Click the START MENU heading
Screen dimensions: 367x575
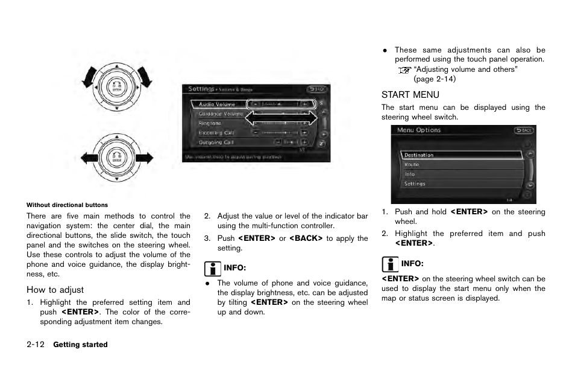tap(410, 95)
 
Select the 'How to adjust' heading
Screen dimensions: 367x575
tap(55, 290)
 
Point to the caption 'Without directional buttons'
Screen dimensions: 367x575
tap(67, 205)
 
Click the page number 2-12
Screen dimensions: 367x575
tap(36, 345)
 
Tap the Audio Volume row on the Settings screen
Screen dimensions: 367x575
tap(218, 104)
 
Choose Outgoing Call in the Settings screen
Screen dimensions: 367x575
tap(216, 142)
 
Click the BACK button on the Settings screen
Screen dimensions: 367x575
tap(319, 89)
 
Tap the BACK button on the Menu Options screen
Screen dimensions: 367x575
tap(524, 130)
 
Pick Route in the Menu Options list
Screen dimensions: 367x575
tap(412, 164)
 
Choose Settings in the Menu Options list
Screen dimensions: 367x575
tap(415, 183)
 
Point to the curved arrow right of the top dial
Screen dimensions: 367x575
tap(144, 76)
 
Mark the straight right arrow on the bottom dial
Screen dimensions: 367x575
tap(144, 158)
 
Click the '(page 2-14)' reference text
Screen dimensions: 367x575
tap(434, 79)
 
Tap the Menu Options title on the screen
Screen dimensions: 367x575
tap(419, 130)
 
